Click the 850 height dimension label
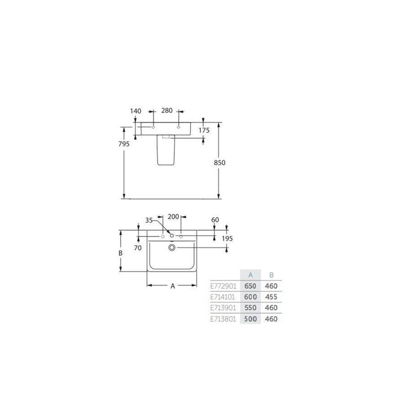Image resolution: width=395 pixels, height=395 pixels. (x=220, y=163)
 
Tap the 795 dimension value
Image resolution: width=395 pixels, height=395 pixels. (x=125, y=144)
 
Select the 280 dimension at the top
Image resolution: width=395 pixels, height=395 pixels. (x=166, y=111)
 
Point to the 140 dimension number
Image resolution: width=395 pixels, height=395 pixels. (x=135, y=111)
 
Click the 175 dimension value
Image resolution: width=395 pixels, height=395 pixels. (x=204, y=130)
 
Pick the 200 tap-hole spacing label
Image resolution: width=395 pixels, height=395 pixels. (x=174, y=217)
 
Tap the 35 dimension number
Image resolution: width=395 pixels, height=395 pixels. (x=150, y=221)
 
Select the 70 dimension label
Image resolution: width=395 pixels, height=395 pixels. (x=137, y=247)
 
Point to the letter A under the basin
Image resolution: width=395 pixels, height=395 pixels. (x=173, y=287)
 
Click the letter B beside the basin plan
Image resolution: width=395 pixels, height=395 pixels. (x=121, y=253)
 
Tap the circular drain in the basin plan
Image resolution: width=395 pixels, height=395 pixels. (x=172, y=247)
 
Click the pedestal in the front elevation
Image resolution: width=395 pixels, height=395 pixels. (x=166, y=152)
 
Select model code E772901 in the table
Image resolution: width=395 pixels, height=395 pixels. (x=223, y=286)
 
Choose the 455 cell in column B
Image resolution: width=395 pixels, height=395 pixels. (x=271, y=297)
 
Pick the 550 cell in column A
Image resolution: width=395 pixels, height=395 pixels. (x=251, y=308)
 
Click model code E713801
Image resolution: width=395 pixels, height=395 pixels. (x=223, y=318)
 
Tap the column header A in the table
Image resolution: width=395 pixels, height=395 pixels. (x=251, y=275)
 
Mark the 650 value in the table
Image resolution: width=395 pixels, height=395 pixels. (x=251, y=286)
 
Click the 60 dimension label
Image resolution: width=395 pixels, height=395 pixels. (x=214, y=221)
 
